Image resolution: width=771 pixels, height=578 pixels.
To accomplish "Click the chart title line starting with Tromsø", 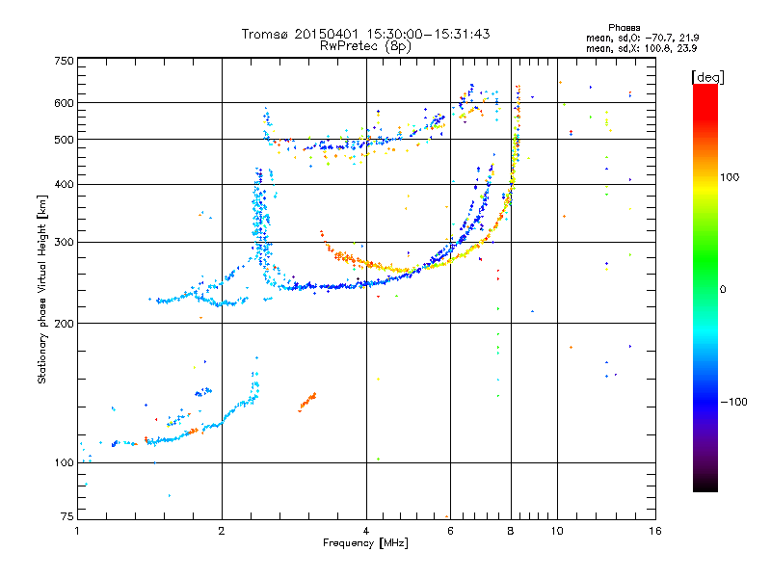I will [365, 34].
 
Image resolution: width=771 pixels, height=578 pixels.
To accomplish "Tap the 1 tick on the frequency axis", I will [77, 531].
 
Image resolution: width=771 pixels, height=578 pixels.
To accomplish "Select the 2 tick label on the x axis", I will [222, 531].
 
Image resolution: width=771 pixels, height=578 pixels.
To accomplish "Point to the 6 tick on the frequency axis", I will [450, 531].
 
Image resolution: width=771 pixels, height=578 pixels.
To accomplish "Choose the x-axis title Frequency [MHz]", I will [365, 544].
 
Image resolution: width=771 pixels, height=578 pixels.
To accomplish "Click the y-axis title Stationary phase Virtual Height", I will [42, 289].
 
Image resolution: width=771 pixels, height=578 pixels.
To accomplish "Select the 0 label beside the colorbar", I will [724, 289].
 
